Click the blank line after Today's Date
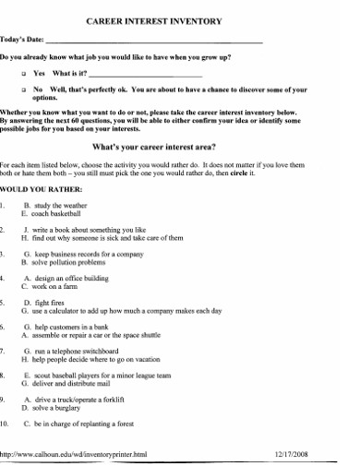[153, 42]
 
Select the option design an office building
[78, 278]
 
